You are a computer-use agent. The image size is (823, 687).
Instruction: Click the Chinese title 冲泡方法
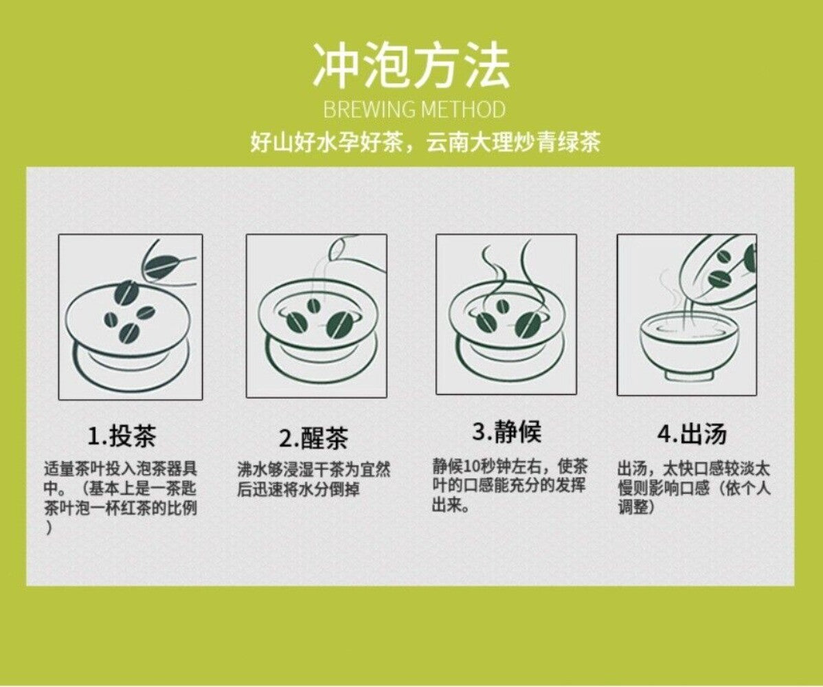pos(411,65)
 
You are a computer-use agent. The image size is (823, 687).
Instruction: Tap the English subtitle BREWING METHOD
pos(414,109)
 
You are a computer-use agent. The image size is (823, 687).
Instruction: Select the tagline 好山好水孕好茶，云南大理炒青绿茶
pos(425,142)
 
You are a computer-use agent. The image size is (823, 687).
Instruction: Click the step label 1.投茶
pos(122,436)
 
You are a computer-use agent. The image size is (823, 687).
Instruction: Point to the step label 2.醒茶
pos(313,438)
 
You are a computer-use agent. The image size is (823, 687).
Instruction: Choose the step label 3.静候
pos(506,431)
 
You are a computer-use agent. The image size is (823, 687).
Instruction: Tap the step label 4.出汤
pos(692,434)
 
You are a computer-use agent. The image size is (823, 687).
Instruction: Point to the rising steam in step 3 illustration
pos(506,275)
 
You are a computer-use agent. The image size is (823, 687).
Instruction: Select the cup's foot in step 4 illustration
pos(688,374)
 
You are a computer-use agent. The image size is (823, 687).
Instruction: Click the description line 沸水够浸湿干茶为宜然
pos(315,469)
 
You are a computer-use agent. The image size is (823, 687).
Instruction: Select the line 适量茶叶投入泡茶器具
pos(121,468)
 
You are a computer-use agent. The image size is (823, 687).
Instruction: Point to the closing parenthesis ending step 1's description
pos(49,529)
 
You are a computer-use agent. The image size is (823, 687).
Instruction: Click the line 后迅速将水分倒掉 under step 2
pos(299,489)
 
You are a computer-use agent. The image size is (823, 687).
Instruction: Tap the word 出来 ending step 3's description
pos(447,506)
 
